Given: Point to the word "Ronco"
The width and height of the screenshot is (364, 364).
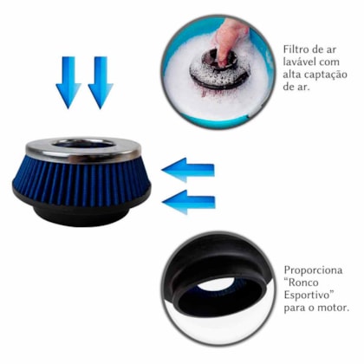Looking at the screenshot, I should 305,283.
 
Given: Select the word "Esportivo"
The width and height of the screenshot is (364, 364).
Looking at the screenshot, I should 311,295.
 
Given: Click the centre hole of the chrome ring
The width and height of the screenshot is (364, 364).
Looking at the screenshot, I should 83,144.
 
